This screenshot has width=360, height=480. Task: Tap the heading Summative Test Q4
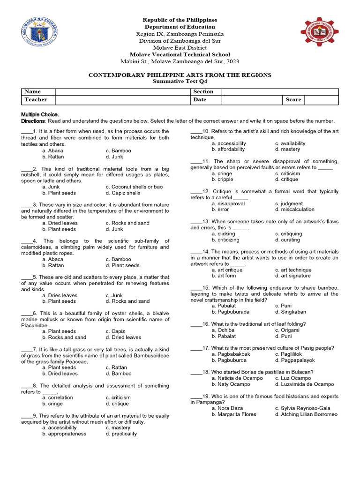180,82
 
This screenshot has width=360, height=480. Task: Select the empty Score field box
321,100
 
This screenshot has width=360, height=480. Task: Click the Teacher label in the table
36,100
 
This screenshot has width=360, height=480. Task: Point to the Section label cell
203,91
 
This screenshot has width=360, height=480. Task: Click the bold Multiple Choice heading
40,114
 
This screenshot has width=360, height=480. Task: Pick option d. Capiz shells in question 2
123,193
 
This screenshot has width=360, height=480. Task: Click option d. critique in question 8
117,404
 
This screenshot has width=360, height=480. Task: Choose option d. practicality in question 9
121,434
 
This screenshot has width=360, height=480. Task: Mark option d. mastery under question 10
287,149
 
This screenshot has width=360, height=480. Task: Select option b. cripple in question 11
222,180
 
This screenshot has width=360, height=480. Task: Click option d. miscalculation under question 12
294,210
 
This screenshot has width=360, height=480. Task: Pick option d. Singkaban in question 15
290,312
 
